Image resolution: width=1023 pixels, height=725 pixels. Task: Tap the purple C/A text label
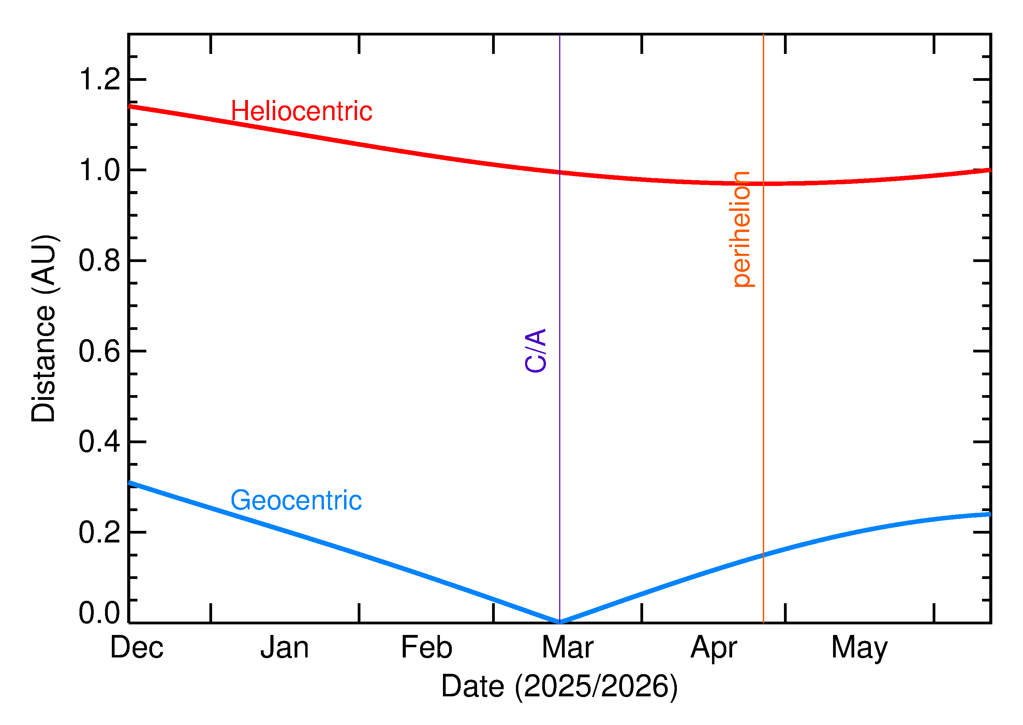[x=536, y=350]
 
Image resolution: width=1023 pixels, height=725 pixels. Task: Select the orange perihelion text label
[x=741, y=229]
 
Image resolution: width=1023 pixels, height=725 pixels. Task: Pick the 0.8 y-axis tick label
[x=100, y=261]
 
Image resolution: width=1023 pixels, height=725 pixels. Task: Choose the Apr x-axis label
[x=713, y=648]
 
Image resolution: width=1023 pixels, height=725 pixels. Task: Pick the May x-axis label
[x=859, y=648]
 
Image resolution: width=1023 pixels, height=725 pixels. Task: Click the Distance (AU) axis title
[x=44, y=328]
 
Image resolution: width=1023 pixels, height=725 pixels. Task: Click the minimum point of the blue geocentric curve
[x=560, y=622]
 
